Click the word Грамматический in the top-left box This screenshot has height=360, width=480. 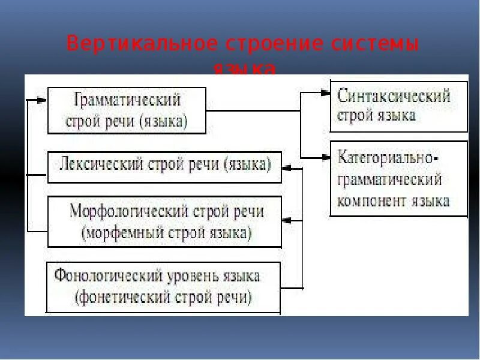click(x=127, y=99)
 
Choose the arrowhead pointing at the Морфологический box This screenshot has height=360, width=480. click(x=287, y=221)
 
